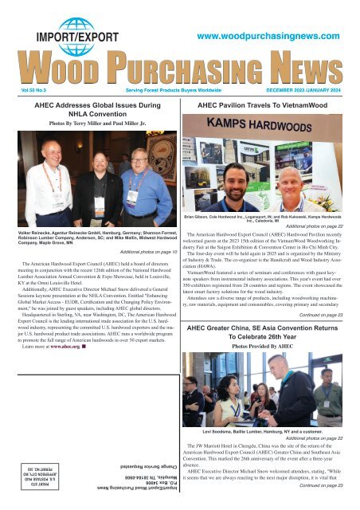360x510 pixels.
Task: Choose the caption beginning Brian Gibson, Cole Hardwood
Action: [270, 218]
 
